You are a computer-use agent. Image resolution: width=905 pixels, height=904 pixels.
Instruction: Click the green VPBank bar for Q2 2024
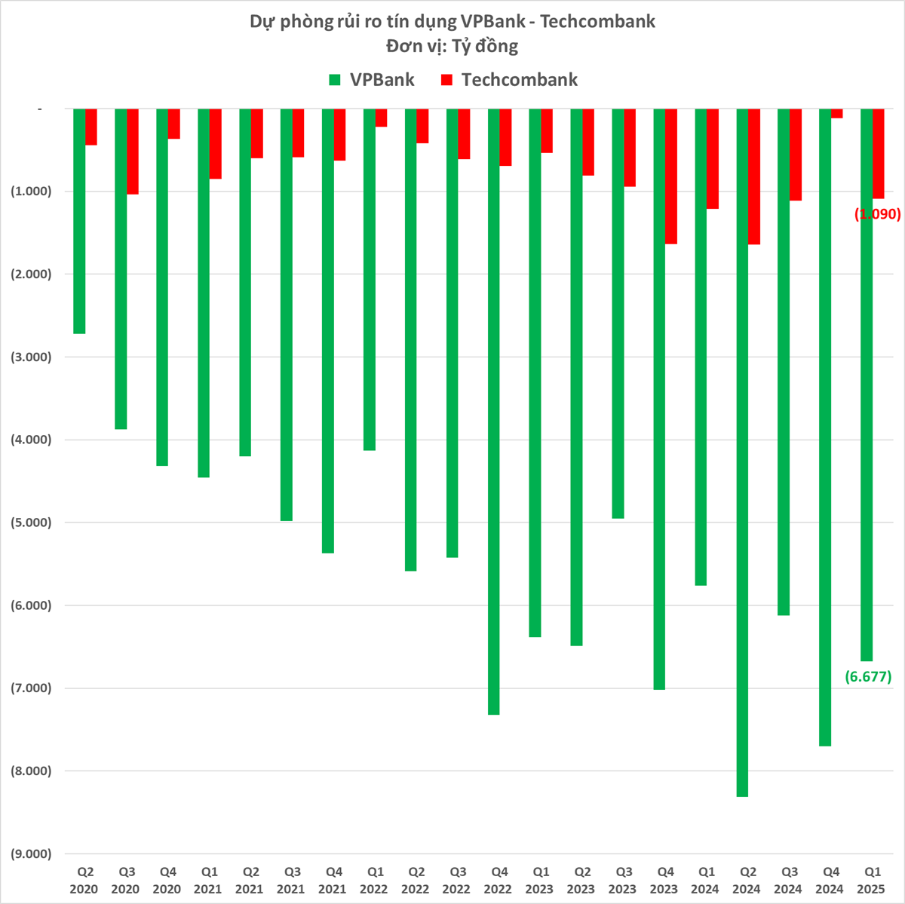(x=742, y=452)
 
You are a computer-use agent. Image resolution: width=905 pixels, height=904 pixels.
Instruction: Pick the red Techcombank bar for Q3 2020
(x=133, y=152)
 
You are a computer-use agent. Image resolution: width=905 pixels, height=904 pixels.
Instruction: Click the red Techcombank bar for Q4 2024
(x=837, y=114)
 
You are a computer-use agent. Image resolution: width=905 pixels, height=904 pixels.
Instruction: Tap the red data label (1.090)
(x=877, y=214)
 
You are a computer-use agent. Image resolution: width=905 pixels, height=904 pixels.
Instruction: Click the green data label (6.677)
(x=868, y=676)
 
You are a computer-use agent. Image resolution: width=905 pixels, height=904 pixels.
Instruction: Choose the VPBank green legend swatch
(x=336, y=80)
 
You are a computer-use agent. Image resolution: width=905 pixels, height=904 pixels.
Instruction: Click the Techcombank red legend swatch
(x=446, y=80)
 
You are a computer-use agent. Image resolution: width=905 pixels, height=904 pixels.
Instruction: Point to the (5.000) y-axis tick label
(x=31, y=522)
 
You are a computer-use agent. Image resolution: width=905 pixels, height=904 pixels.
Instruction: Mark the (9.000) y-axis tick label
(x=31, y=853)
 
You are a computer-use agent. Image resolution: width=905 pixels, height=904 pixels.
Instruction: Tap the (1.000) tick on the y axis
(x=31, y=192)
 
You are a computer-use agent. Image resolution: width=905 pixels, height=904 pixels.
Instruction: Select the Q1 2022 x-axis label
(x=374, y=880)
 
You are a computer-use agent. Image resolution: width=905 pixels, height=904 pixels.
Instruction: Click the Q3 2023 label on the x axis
(x=622, y=880)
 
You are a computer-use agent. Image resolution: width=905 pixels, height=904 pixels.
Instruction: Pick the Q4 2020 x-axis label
(x=167, y=880)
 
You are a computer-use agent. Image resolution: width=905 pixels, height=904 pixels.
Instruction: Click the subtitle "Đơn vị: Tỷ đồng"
(x=452, y=46)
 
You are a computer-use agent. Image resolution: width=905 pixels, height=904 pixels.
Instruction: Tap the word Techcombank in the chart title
(x=598, y=21)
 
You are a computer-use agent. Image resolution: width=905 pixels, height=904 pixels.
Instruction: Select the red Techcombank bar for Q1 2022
(x=382, y=118)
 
